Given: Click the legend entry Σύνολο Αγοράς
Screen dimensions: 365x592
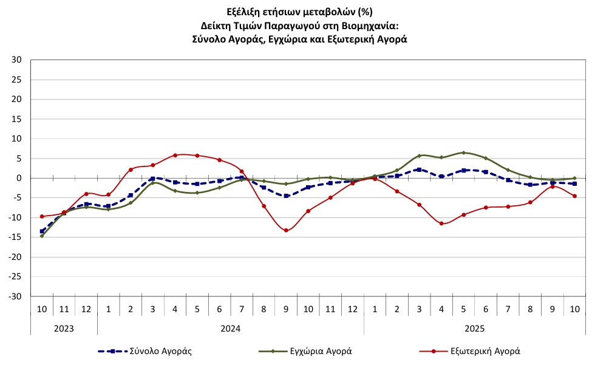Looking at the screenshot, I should pos(162,350).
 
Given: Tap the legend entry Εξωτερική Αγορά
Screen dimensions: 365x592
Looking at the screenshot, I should pos(485,350).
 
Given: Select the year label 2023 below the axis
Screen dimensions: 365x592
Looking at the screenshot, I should pos(64,328).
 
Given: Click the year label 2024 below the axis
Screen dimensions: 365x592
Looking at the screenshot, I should pos(231,328).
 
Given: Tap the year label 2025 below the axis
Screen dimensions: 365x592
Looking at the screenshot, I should pos(475,328).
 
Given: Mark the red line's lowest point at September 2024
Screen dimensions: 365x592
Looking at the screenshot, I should pos(286,230).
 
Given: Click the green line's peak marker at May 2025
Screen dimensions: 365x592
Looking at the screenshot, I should pos(463,153).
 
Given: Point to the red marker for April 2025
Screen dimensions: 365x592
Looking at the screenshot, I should pos(441,223).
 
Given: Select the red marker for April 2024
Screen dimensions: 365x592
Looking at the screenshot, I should pos(175,155).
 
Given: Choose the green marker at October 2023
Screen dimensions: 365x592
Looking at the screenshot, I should pos(42,236).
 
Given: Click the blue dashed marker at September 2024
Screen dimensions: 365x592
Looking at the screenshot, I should pos(286,196).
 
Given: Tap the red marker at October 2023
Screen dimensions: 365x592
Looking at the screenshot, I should pos(42,216).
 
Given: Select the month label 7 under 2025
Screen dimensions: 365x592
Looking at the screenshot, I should pos(508,309).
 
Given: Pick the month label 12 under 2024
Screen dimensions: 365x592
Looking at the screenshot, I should pos(353,309).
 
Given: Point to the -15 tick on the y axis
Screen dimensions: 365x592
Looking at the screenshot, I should pos(15,237).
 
